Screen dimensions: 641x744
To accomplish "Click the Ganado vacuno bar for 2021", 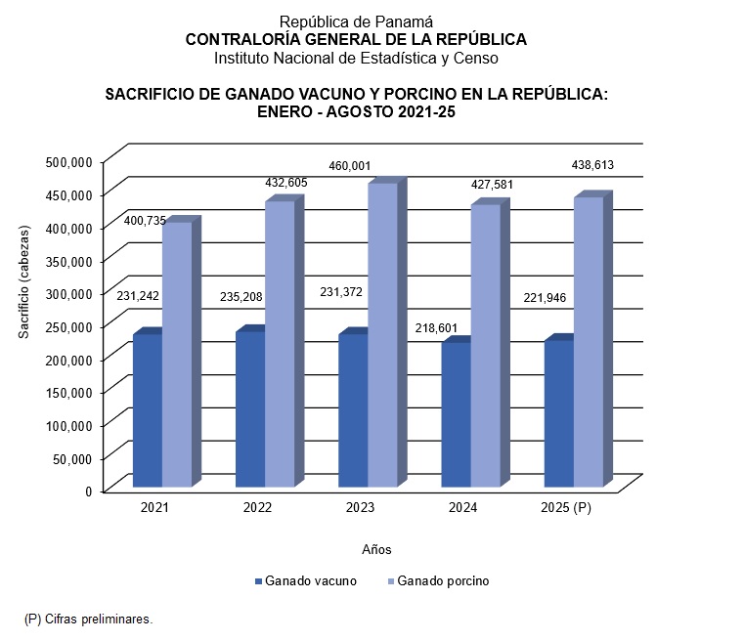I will [148, 410].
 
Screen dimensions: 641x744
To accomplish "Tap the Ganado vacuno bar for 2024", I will [456, 414].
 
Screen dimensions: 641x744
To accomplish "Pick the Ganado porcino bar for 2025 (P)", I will [589, 341].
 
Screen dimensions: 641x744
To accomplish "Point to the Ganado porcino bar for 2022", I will [280, 343].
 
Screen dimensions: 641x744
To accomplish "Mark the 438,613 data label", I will [592, 165].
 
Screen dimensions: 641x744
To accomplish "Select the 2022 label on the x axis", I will [258, 508].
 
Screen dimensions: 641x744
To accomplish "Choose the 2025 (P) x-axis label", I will [567, 508].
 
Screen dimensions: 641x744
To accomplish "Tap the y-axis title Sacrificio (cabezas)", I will [23, 282].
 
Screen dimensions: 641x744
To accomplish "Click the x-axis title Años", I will [376, 549].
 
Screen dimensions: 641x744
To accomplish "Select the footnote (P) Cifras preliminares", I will [89, 619].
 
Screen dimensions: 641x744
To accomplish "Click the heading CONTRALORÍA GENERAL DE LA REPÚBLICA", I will [356, 40].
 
